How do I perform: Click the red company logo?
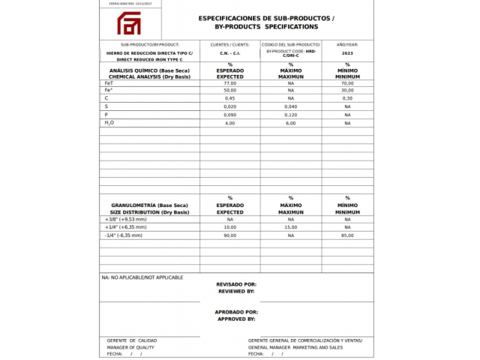click(x=127, y=23)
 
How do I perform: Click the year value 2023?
click(x=347, y=53)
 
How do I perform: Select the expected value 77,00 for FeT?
click(x=230, y=83)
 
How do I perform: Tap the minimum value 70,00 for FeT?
click(x=347, y=83)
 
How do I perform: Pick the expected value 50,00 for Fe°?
click(x=230, y=91)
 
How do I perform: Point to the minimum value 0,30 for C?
click(x=347, y=98)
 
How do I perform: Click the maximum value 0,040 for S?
click(x=291, y=106)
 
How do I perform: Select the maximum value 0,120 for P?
click(x=291, y=115)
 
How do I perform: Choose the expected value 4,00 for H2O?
click(x=230, y=123)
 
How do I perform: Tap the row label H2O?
click(x=109, y=123)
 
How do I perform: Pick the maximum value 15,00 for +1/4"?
click(x=291, y=226)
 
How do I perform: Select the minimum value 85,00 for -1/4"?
click(x=347, y=235)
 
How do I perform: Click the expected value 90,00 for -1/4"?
click(x=230, y=235)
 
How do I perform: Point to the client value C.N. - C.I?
click(x=230, y=53)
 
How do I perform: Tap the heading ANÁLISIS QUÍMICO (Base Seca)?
click(x=149, y=70)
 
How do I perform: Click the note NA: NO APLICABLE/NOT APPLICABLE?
click(x=142, y=277)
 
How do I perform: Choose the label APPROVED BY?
click(x=236, y=319)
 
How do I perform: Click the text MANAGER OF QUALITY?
click(x=130, y=347)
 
